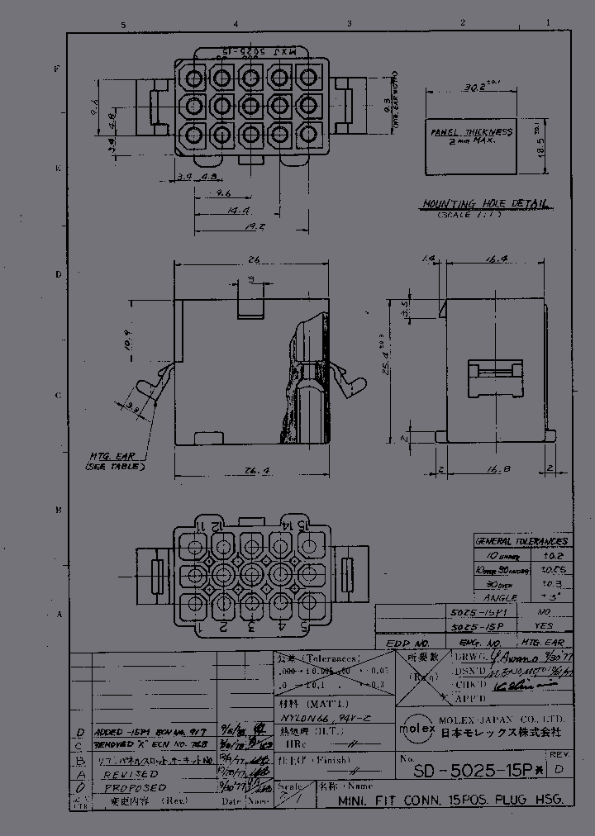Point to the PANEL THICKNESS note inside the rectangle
pyautogui.click(x=472, y=136)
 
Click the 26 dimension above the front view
pyautogui.click(x=254, y=259)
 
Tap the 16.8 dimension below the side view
pyautogui.click(x=497, y=469)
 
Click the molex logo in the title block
pyautogui.click(x=412, y=731)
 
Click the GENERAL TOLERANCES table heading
pyautogui.click(x=521, y=541)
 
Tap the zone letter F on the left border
pyautogui.click(x=57, y=69)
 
